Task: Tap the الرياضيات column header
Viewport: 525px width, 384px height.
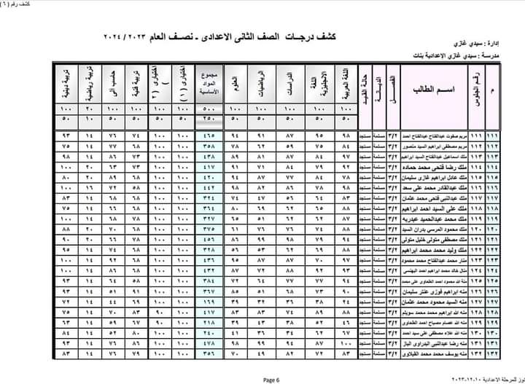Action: point(259,87)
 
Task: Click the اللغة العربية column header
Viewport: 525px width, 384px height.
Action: point(346,87)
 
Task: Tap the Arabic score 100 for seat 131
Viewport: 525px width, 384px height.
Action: point(346,341)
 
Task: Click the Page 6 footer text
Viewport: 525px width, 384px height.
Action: point(271,379)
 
